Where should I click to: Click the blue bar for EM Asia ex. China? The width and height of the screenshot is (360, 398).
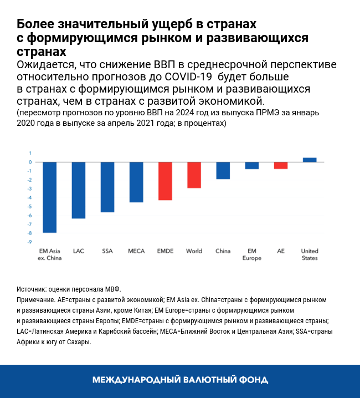click(x=50, y=197)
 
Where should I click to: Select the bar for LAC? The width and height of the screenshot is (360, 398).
click(x=79, y=190)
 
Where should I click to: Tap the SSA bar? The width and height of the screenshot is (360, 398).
click(x=107, y=187)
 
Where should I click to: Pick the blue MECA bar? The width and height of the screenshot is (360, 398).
click(x=136, y=182)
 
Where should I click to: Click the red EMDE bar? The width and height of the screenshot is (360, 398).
click(x=165, y=181)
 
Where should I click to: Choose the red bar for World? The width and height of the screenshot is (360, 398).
click(x=194, y=175)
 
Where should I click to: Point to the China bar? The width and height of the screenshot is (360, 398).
click(x=223, y=170)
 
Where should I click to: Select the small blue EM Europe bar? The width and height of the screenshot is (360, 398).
click(x=252, y=165)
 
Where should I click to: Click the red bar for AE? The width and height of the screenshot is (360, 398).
click(x=281, y=165)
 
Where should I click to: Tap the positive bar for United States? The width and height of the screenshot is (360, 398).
click(x=310, y=160)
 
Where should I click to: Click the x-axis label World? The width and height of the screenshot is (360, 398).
click(x=194, y=251)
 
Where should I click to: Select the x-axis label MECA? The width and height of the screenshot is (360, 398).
click(x=136, y=251)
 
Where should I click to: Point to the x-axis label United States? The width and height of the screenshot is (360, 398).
click(x=310, y=254)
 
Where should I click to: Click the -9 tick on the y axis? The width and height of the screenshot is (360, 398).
click(x=30, y=242)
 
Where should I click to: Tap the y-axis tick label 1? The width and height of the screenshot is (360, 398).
click(x=30, y=153)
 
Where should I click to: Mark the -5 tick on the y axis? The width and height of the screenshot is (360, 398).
click(x=30, y=206)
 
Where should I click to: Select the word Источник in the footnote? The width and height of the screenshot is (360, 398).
click(x=32, y=289)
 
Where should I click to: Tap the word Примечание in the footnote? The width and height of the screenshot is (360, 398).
click(x=35, y=299)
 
